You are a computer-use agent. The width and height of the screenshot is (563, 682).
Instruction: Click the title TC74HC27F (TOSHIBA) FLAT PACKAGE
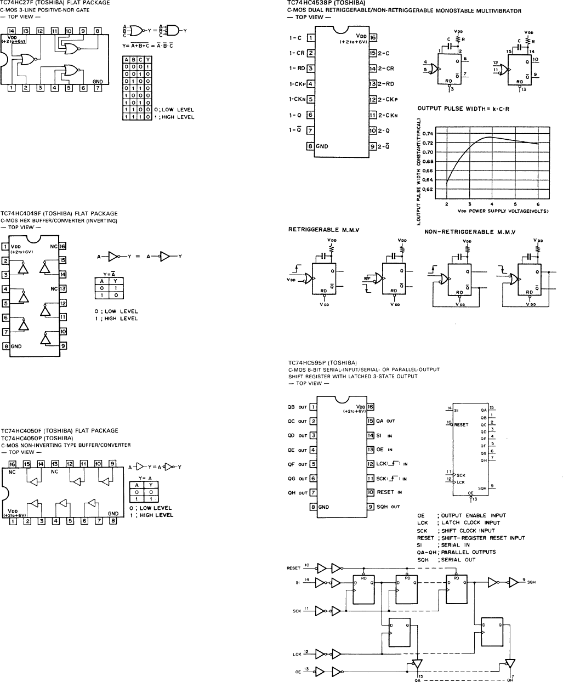pyautogui.click(x=55, y=3)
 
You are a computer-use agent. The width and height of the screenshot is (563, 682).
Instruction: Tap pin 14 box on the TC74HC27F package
pyautogui.click(x=12, y=31)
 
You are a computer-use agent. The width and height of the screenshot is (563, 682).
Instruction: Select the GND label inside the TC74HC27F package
pyautogui.click(x=98, y=81)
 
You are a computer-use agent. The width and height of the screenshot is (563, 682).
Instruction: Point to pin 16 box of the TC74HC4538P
pyautogui.click(x=373, y=38)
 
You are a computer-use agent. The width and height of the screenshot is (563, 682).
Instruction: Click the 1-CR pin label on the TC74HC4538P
pyautogui.click(x=297, y=53)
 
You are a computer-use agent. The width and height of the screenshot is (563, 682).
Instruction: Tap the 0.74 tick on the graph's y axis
pyautogui.click(x=426, y=133)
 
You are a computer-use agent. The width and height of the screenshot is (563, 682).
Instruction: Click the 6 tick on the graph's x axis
pyautogui.click(x=538, y=204)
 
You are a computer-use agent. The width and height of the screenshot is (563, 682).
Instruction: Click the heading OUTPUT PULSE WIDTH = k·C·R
pyautogui.click(x=464, y=109)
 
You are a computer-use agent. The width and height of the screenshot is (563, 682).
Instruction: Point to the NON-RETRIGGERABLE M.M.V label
pyautogui.click(x=470, y=232)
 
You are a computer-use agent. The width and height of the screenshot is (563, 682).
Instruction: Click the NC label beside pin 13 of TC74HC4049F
pyautogui.click(x=54, y=288)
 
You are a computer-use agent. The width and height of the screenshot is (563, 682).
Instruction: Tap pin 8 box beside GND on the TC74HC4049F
pyautogui.click(x=5, y=346)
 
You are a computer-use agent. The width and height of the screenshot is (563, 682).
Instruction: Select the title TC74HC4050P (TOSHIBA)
pyautogui.click(x=37, y=438)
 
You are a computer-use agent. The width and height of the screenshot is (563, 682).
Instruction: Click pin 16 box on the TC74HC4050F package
pyautogui.click(x=12, y=464)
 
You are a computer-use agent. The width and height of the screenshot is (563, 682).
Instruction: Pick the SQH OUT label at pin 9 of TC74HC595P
pyautogui.click(x=389, y=507)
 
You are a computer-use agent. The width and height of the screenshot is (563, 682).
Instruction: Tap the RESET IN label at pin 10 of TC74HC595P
pyautogui.click(x=389, y=492)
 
